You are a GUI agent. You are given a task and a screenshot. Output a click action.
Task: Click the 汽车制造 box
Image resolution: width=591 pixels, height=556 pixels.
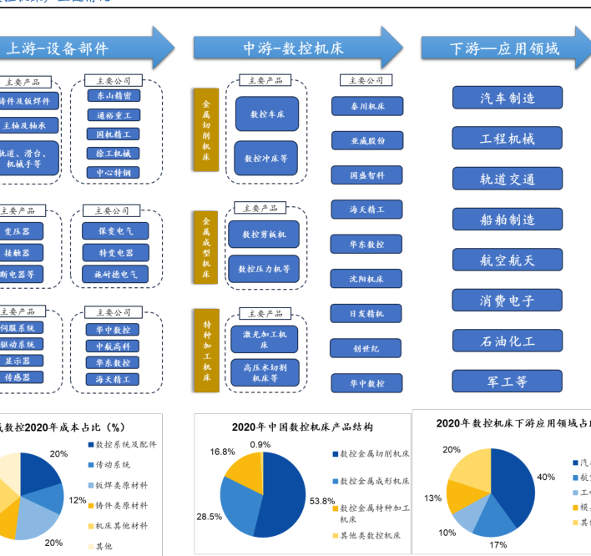(x=508, y=98)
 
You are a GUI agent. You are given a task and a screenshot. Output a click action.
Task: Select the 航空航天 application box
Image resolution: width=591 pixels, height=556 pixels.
(x=508, y=260)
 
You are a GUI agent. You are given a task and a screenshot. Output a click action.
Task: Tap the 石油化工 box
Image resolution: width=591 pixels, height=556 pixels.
(x=508, y=341)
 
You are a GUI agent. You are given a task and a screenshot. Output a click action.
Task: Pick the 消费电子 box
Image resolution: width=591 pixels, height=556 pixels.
(x=508, y=301)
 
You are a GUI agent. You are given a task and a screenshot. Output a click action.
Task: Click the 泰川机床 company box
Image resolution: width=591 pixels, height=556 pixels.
(x=367, y=106)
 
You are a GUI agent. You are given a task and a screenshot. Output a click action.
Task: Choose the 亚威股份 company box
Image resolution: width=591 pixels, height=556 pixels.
(x=367, y=141)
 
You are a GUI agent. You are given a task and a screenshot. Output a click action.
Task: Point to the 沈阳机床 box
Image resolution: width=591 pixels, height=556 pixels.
(x=367, y=279)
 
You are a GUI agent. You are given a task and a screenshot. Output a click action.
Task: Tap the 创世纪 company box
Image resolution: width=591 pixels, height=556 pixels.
(x=367, y=348)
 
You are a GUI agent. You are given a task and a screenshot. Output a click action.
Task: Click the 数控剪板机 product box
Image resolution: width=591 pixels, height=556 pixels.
(x=263, y=235)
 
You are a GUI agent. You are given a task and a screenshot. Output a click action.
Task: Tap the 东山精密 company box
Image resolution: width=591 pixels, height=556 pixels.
(x=113, y=96)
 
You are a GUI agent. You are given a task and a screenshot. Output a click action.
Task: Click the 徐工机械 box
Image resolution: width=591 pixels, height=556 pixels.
(x=113, y=154)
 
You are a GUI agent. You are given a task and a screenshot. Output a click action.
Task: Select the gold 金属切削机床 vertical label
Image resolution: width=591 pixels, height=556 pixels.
(x=205, y=129)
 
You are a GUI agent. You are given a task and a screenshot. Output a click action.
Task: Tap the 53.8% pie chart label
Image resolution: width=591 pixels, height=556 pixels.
(x=322, y=502)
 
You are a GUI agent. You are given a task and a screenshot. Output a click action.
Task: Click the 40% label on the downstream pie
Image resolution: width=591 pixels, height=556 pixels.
(x=546, y=477)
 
